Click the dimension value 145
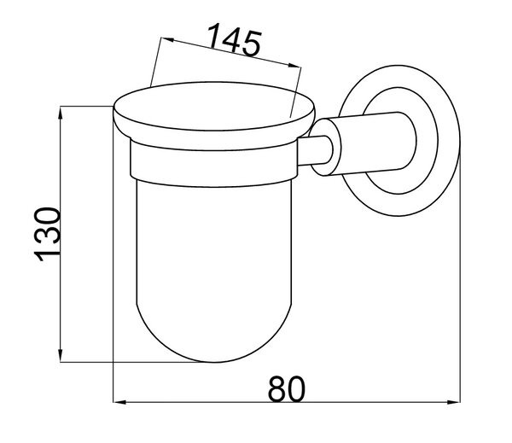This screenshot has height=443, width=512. [x=234, y=40]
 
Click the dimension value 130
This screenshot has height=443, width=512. [x=47, y=234]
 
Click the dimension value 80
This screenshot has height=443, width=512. [x=287, y=389]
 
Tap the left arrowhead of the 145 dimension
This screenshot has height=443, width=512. [x=167, y=40]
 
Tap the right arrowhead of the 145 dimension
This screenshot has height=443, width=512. [x=294, y=65]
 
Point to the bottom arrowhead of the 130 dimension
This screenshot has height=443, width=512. [x=61, y=355]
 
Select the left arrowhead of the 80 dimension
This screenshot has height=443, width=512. [x=119, y=402]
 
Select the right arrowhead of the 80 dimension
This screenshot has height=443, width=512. [x=454, y=402]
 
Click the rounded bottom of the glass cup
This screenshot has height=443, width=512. [x=214, y=340]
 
